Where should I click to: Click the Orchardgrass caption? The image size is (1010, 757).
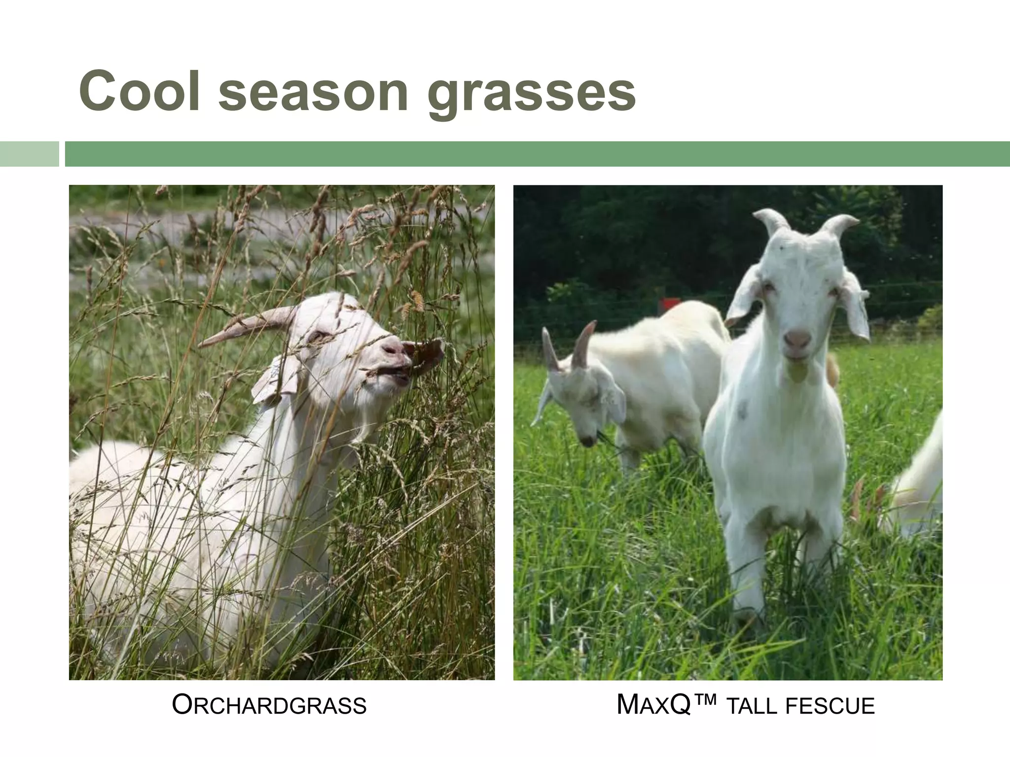coord(269,705)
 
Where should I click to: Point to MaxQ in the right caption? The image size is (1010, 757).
coord(652,705)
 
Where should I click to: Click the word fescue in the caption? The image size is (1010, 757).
coord(830,706)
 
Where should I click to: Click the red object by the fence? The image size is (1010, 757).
coord(669,304)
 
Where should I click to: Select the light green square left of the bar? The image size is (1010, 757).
coord(29,154)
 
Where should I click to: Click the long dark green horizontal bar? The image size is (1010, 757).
coord(537,154)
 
